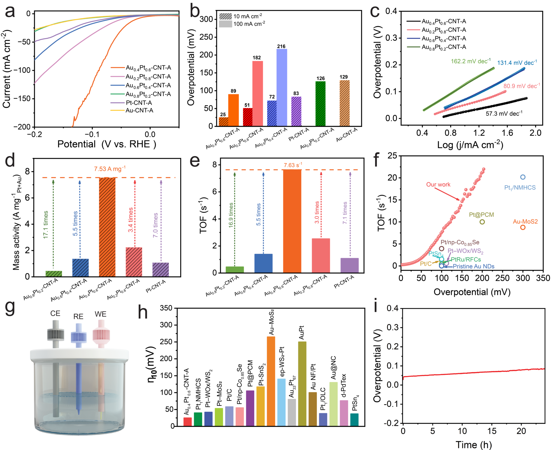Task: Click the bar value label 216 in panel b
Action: click(x=281, y=47)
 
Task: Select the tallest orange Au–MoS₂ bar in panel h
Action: click(x=271, y=381)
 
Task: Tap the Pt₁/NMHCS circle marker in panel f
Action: click(x=523, y=177)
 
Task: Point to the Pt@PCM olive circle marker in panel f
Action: click(x=482, y=222)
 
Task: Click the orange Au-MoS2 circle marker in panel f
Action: click(x=523, y=228)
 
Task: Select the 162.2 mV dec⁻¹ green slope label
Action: click(x=471, y=61)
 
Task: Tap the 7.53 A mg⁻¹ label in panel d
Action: click(x=110, y=169)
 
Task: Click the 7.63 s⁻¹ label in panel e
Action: click(x=293, y=165)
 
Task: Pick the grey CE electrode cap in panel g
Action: click(x=56, y=334)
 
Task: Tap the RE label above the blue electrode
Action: click(x=78, y=317)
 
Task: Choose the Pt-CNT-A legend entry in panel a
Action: click(x=139, y=103)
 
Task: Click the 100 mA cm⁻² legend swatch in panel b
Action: click(x=225, y=24)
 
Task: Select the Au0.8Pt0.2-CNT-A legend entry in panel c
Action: click(x=443, y=47)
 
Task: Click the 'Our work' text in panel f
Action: click(x=438, y=185)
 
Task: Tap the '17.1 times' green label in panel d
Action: click(x=46, y=224)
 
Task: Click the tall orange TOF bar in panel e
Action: click(x=292, y=221)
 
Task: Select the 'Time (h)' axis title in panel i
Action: click(x=473, y=444)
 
